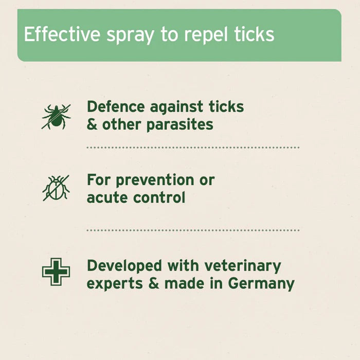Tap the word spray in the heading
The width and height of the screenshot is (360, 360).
125,35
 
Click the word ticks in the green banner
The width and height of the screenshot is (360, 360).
253,34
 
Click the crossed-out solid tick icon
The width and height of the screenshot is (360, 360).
56,116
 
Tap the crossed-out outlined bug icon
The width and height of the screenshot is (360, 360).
56,188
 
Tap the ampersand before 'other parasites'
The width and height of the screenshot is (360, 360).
92,124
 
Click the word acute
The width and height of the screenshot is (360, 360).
106,197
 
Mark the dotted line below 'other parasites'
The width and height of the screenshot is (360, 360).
193,148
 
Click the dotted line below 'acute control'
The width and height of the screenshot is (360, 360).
193,230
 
